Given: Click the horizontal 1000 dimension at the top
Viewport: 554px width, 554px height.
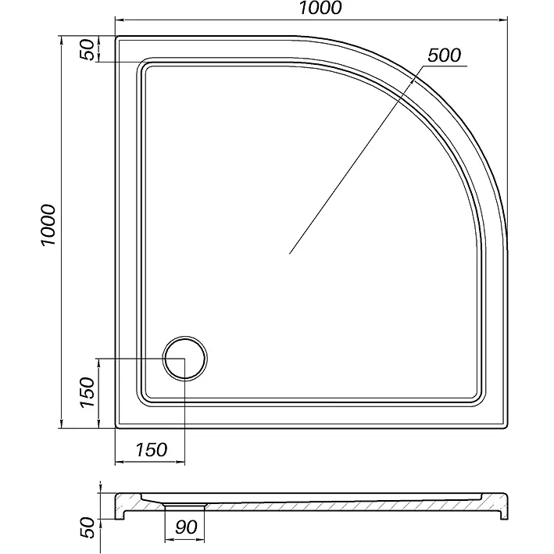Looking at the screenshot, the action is click(x=320, y=9).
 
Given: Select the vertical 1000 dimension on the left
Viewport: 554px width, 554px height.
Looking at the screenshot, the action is click(x=48, y=225).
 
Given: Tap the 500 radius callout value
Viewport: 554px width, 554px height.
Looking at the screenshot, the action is click(x=444, y=55).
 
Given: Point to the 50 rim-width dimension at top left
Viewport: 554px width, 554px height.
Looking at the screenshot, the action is click(x=88, y=50).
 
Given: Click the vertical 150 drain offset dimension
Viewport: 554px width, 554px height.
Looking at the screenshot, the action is click(x=88, y=392).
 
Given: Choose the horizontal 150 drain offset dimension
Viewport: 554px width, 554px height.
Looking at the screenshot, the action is click(x=152, y=450).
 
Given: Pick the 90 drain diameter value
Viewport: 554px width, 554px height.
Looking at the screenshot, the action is click(x=186, y=527).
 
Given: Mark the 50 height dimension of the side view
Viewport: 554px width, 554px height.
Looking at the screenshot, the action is click(x=88, y=528).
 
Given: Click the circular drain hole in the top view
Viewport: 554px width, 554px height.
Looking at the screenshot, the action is click(x=184, y=358).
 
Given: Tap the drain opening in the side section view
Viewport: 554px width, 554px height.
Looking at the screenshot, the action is click(x=184, y=506).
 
